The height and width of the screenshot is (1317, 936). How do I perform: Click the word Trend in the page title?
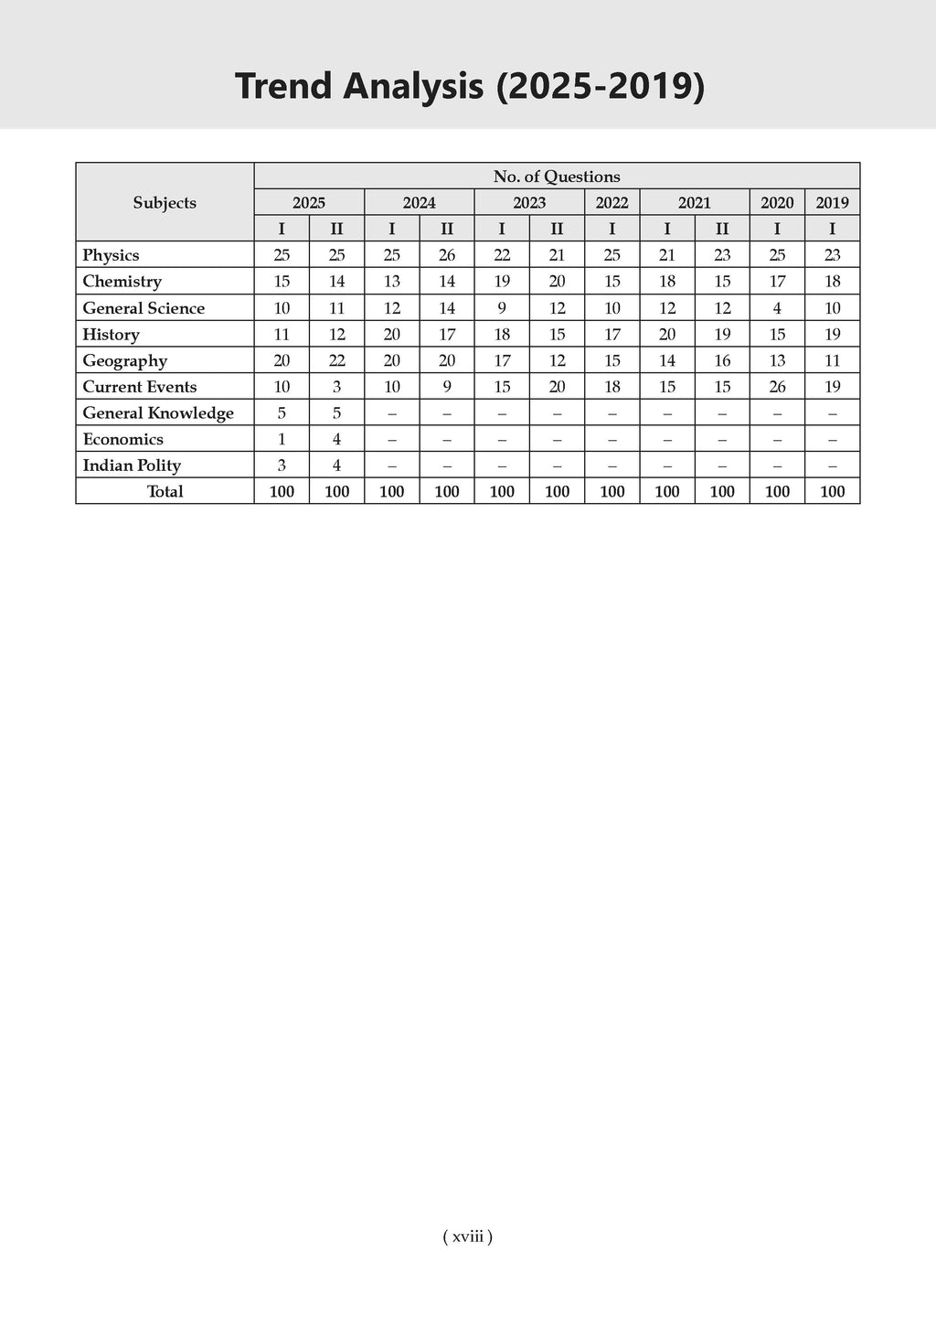[x=287, y=86]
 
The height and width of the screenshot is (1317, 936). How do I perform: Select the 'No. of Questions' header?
[x=556, y=177]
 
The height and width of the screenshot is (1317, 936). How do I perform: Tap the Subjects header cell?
[x=165, y=203]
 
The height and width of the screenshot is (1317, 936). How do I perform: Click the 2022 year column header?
[x=612, y=203]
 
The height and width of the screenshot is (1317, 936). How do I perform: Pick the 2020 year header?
[x=777, y=203]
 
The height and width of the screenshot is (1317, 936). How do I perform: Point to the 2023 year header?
[x=529, y=203]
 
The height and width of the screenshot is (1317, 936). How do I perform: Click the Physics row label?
[x=111, y=255]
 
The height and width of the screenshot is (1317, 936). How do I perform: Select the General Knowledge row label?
[x=158, y=413]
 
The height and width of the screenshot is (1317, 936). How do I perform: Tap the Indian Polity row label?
[x=132, y=466]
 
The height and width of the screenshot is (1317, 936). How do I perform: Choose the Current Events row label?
[x=140, y=387]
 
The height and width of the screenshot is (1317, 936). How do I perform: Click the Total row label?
[x=165, y=492]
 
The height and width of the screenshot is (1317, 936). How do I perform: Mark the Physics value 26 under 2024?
[x=447, y=255]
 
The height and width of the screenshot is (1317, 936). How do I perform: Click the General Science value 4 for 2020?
[x=777, y=308]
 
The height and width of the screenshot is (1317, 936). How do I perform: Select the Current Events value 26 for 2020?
[x=777, y=387]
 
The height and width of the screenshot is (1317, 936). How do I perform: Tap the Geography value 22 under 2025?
[x=336, y=360]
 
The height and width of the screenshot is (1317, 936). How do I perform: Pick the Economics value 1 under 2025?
[x=282, y=440]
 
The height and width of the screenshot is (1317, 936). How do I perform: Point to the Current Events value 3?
[x=336, y=387]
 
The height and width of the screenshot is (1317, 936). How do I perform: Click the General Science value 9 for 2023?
[x=502, y=308]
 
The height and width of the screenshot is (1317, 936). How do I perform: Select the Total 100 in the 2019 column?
[x=832, y=492]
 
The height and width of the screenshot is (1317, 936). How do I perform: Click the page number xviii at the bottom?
[x=467, y=1237]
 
